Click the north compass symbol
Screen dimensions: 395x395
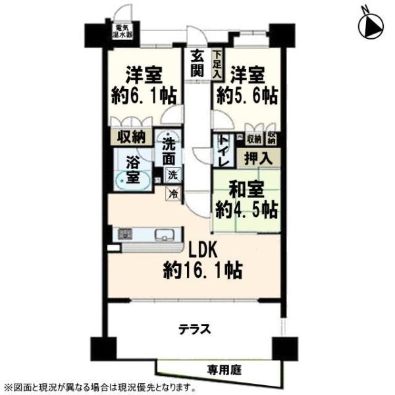click(370, 25)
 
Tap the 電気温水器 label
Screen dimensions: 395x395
click(122, 31)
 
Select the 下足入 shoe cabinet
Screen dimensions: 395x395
click(217, 65)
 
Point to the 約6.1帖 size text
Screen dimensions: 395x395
click(144, 95)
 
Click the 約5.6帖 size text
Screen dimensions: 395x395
click(248, 95)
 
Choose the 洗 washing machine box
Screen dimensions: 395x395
click(172, 175)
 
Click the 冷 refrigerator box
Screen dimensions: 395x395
click(172, 194)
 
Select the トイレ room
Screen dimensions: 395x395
click(224, 150)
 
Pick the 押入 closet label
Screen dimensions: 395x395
click(258, 159)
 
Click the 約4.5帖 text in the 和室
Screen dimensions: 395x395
click(247, 210)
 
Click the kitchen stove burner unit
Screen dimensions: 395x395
click(125, 234)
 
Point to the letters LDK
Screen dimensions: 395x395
click(203, 250)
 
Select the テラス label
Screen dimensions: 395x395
click(194, 329)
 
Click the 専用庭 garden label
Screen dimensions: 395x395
click(224, 370)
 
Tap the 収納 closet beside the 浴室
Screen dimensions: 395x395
click(132, 137)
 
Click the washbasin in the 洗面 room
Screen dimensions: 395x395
click(168, 136)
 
